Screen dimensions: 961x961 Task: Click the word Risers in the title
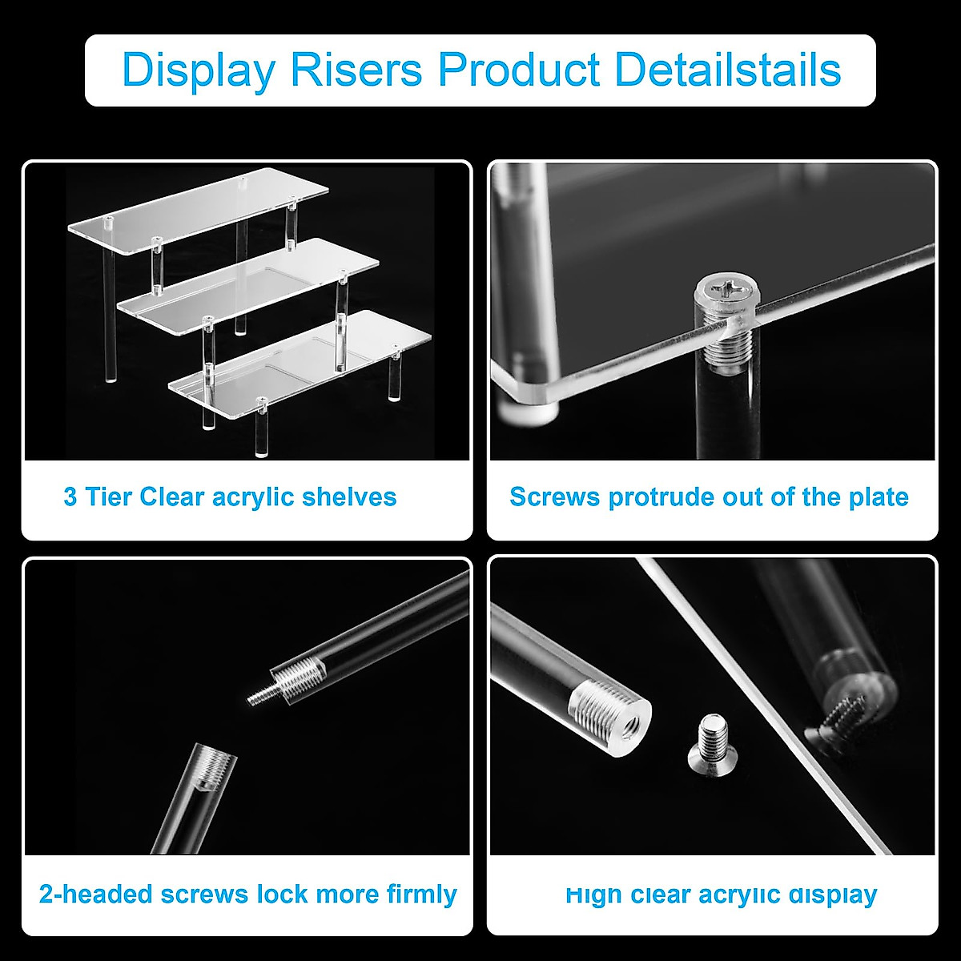[356, 70]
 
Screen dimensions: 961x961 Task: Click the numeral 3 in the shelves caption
[70, 497]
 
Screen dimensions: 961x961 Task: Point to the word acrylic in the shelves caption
[252, 497]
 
